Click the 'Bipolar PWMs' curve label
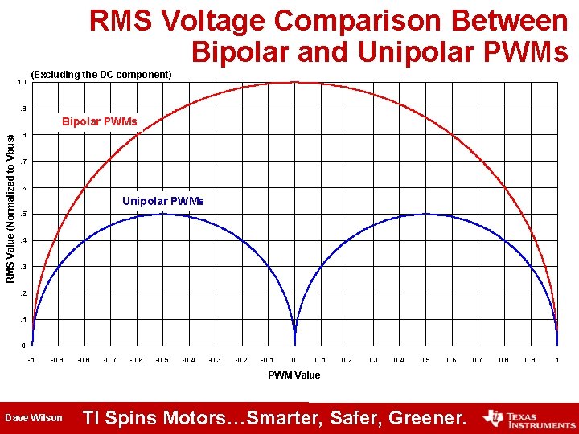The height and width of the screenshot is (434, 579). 100,122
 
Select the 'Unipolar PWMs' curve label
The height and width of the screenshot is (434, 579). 163,201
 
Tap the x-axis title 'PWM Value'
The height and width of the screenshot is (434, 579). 294,375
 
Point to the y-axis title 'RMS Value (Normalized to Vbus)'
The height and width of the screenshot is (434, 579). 10,207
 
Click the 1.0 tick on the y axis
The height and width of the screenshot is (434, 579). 22,83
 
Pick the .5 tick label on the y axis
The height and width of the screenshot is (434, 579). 23,215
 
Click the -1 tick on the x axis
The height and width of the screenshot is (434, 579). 31,360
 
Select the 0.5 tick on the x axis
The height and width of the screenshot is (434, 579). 425,360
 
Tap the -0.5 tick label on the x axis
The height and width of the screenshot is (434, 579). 162,360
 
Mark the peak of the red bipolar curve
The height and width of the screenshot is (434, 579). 294,82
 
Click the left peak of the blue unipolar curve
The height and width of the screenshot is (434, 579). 162,214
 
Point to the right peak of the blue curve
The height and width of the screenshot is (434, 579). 425,214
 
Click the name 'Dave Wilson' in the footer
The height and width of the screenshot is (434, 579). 34,418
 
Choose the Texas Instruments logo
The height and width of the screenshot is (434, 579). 528,418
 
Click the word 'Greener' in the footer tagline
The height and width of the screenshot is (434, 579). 426,418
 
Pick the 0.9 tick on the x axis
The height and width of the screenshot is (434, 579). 530,360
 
